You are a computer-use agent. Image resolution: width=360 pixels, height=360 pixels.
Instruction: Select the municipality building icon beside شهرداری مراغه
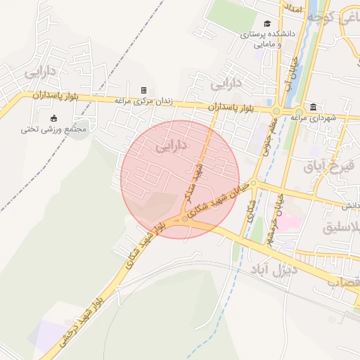click(312, 107)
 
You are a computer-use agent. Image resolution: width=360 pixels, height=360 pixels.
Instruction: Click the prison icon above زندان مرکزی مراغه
click(143, 91)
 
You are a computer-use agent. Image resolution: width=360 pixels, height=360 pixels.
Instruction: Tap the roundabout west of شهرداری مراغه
click(276, 110)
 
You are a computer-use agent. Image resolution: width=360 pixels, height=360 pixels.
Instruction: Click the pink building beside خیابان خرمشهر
click(291, 221)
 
